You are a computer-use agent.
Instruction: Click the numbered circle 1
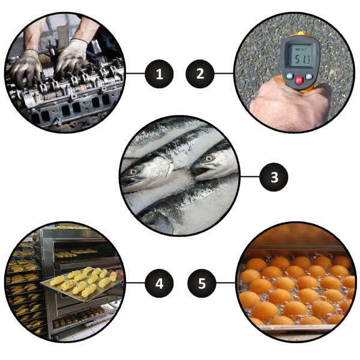pos(159,74)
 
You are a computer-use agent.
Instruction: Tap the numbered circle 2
pos(200,74)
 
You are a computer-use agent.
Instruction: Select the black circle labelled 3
pos(274,177)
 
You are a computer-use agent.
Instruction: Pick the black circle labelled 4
pos(159,283)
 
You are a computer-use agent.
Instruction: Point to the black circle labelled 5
pos(202,283)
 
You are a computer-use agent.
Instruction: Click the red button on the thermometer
pos(299,80)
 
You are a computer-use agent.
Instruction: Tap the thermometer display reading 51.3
pos(301,56)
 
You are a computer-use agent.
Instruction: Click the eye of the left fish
pos(133,172)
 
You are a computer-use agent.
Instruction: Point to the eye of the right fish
pos(209,158)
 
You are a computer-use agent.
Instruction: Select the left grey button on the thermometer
pos(290,76)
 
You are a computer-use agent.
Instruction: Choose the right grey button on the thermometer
pos(308,76)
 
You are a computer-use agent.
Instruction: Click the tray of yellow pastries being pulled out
pos(82,284)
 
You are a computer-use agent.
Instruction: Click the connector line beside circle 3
pos(250,176)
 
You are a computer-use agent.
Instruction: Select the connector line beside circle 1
pos(135,73)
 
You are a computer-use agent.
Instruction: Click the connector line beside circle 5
pos(226,283)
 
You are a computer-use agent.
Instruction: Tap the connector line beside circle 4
pos(135,283)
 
